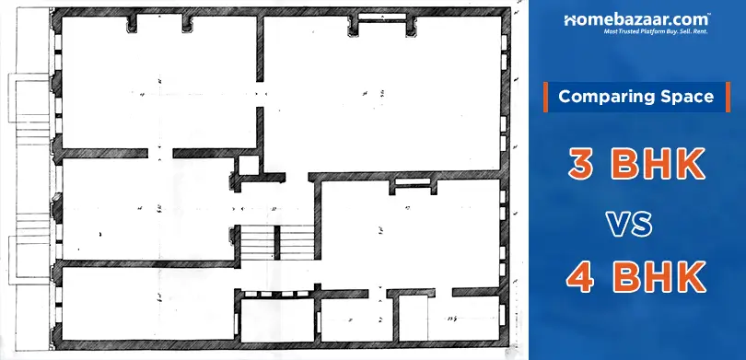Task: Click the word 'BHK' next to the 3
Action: point(659,166)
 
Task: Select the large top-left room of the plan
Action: point(157,83)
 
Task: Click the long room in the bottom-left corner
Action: point(147,308)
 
